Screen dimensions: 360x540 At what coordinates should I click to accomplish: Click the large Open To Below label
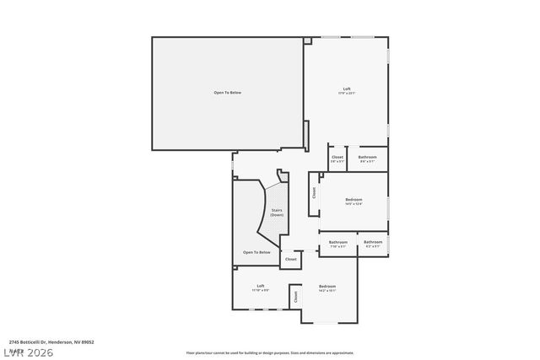point(227,92)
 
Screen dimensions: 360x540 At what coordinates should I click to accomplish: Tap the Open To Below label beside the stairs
point(256,252)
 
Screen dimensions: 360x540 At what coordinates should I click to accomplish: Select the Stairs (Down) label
point(277,212)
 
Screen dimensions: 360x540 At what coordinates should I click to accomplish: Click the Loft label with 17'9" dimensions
point(346,89)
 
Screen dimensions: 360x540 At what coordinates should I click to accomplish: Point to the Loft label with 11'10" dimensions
point(261,286)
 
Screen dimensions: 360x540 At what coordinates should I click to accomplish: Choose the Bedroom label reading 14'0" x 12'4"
point(353,199)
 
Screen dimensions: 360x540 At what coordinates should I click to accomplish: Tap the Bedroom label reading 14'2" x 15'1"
point(327,287)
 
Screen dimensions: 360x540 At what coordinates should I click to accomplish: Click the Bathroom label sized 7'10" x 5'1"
point(337,242)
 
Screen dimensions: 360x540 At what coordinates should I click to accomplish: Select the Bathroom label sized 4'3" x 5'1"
point(373,242)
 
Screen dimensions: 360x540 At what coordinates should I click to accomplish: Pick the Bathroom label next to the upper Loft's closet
point(367,157)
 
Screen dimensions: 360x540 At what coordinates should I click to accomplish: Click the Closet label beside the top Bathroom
point(337,157)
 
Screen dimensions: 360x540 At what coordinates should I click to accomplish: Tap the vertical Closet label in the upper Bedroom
point(314,191)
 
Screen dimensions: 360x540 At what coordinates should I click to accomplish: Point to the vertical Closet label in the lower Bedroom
point(295,297)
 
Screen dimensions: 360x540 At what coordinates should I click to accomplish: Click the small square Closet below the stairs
point(290,259)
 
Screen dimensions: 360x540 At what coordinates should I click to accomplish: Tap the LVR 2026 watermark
point(27,352)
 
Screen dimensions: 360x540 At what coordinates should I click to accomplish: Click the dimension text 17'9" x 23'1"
point(346,94)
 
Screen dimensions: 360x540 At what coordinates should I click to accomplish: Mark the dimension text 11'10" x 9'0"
point(261,291)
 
